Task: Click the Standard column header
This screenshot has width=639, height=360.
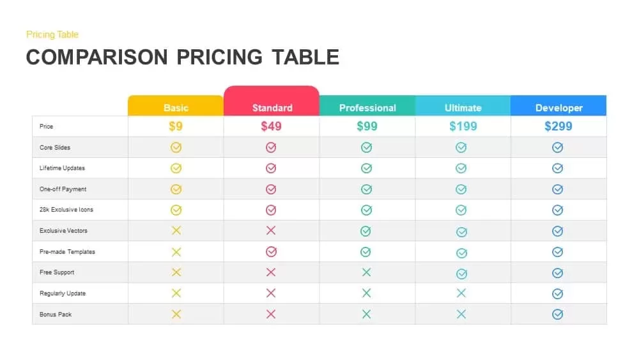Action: [272, 107]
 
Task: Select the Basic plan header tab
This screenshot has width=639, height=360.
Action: [176, 107]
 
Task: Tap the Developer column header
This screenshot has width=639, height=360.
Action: [558, 107]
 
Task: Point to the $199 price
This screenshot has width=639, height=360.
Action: [463, 126]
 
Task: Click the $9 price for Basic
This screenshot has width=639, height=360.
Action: [176, 126]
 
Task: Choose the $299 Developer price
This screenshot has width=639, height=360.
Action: [558, 126]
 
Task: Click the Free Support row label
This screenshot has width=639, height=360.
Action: [57, 272]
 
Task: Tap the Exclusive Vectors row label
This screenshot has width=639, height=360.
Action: [63, 231]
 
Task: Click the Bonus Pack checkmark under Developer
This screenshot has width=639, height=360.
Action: [557, 314]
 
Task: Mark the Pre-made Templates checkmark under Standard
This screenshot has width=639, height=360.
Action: [271, 252]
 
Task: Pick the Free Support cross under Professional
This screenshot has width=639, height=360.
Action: [366, 272]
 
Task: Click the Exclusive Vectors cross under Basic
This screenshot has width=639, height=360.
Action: [176, 231]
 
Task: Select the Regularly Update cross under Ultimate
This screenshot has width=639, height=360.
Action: [461, 293]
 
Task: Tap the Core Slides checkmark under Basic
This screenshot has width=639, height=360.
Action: [176, 148]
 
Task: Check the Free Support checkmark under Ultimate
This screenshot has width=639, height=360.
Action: [461, 273]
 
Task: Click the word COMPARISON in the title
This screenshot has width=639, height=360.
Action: [95, 57]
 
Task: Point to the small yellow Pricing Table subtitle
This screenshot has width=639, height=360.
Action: [52, 35]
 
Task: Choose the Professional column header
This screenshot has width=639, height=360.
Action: [367, 107]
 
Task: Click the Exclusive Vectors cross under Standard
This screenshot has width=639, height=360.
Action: [271, 231]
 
